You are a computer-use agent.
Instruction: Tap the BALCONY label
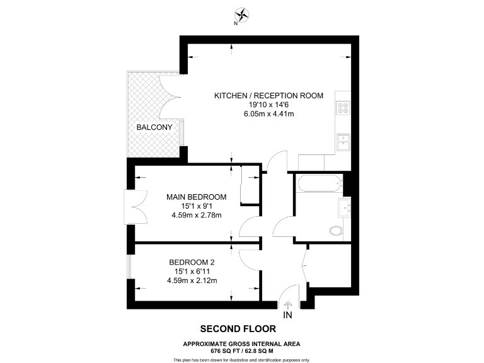click(x=154, y=127)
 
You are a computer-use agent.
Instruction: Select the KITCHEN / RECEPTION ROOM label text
click(x=268, y=96)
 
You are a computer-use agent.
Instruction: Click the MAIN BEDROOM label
click(x=196, y=197)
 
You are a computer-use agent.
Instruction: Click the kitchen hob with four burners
click(x=343, y=108)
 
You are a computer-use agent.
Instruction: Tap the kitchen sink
click(x=343, y=143)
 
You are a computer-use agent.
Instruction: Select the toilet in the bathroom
click(x=337, y=231)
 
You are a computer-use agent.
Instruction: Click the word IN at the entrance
click(x=288, y=314)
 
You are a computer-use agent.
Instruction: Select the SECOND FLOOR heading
click(x=238, y=328)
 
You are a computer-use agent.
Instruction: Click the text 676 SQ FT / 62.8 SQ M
click(x=241, y=350)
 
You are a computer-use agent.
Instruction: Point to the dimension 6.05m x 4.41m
click(x=268, y=114)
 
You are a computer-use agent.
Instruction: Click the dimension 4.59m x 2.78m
click(x=196, y=215)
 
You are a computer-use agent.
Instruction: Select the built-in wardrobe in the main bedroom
click(x=250, y=185)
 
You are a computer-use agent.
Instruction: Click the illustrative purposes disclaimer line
click(x=241, y=359)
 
